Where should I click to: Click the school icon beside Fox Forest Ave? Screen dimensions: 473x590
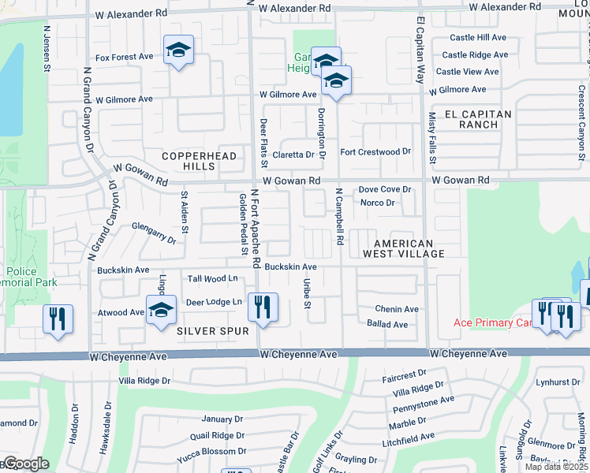(179, 51)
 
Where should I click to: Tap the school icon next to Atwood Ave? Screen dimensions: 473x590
(161, 309)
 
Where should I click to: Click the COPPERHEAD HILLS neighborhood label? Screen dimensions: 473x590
(199, 162)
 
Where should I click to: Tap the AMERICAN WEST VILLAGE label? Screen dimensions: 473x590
(403, 248)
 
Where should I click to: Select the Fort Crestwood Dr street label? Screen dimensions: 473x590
(375, 151)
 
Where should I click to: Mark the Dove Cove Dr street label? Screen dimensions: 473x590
(385, 190)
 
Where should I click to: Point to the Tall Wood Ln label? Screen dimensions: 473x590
(212, 278)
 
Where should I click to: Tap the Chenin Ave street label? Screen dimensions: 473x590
(397, 310)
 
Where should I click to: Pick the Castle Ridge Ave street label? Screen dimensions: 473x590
(474, 55)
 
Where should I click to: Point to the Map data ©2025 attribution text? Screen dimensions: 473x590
(556, 467)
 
